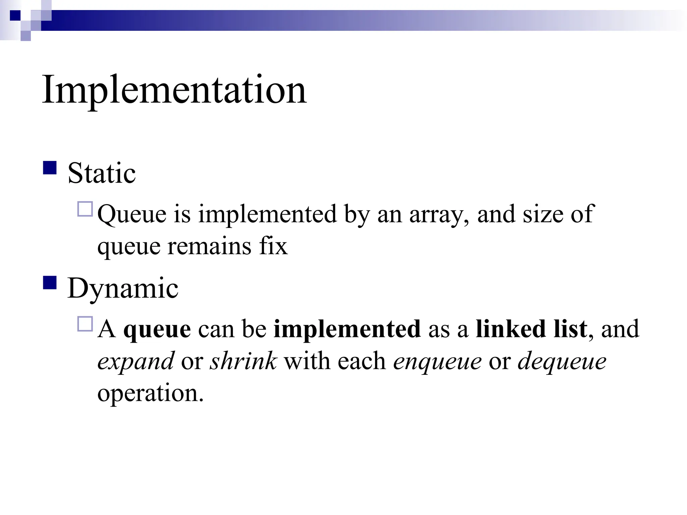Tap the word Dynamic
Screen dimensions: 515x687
coord(123,288)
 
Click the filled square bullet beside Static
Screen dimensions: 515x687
coord(50,168)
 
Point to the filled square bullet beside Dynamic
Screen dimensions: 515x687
coord(50,283)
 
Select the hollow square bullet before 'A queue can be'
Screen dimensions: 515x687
coord(85,324)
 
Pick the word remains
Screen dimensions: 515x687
coord(209,246)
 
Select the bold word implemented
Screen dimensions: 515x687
coord(347,329)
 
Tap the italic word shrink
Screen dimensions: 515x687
coord(243,361)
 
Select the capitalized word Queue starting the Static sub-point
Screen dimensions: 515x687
coord(132,215)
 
